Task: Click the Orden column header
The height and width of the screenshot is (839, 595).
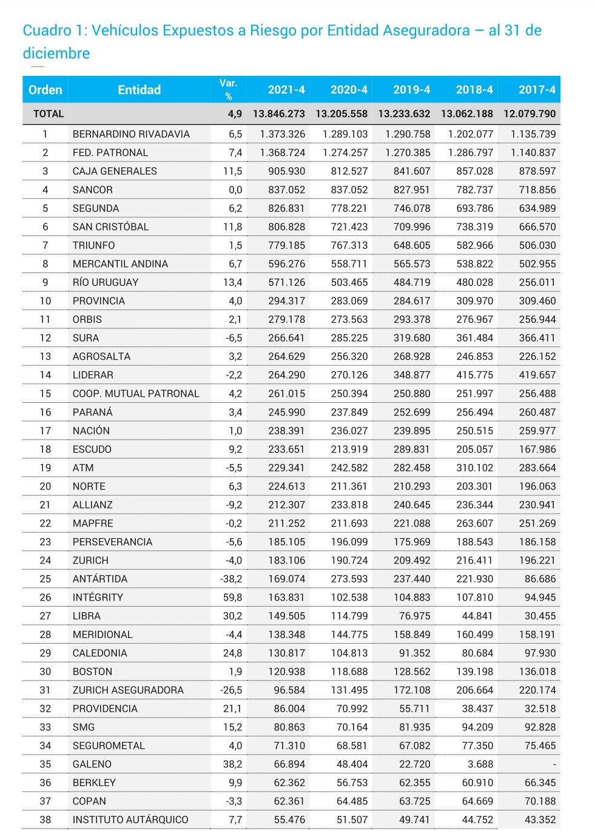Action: pyautogui.click(x=45, y=90)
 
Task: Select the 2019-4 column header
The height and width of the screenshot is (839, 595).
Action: pyautogui.click(x=411, y=90)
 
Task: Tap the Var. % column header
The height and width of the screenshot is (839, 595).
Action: pyautogui.click(x=228, y=89)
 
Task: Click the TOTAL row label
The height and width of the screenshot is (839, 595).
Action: pyautogui.click(x=49, y=113)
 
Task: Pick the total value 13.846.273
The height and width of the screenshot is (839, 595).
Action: pyautogui.click(x=279, y=113)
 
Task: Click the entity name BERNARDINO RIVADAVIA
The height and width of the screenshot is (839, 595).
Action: pyautogui.click(x=131, y=134)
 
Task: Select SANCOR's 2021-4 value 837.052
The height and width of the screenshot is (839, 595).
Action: pyautogui.click(x=286, y=190)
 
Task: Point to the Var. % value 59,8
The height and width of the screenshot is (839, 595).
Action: pyautogui.click(x=232, y=598)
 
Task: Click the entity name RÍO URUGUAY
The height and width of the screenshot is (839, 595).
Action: pyautogui.click(x=106, y=282)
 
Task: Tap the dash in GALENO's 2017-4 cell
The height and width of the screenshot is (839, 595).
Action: pyautogui.click(x=554, y=764)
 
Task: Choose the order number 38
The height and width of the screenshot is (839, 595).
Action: pyautogui.click(x=45, y=820)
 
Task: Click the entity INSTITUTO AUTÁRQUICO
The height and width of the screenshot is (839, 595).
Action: pyautogui.click(x=130, y=820)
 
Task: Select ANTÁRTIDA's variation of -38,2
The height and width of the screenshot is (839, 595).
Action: pyautogui.click(x=231, y=579)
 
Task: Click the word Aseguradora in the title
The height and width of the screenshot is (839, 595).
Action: pyautogui.click(x=429, y=30)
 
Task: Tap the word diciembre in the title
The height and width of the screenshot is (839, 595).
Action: pyautogui.click(x=56, y=53)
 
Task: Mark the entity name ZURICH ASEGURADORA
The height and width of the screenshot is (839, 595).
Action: pyautogui.click(x=128, y=690)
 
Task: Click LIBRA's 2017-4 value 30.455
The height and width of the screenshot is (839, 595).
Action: pyautogui.click(x=540, y=616)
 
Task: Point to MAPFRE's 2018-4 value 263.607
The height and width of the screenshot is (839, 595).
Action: pyautogui.click(x=474, y=523)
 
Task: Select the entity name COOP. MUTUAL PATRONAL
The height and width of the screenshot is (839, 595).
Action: pyautogui.click(x=136, y=393)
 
